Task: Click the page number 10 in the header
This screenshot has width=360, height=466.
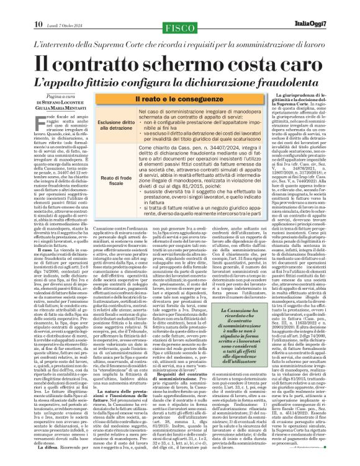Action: tap(12, 7)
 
